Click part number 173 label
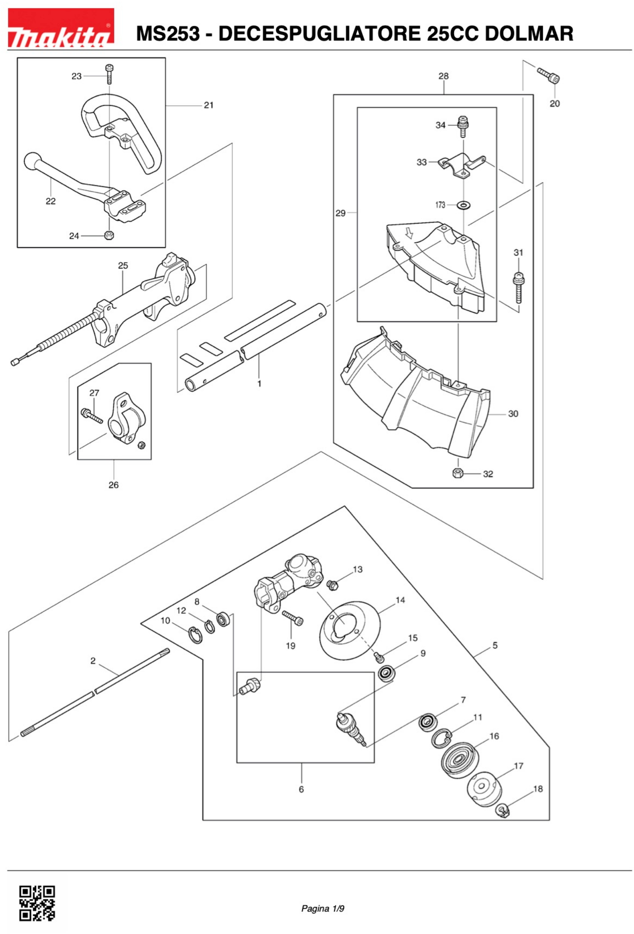pos(440,205)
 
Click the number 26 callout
pos(114,485)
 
